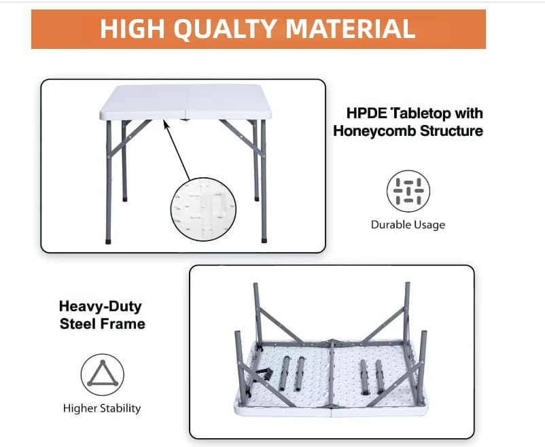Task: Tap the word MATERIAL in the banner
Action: point(351,29)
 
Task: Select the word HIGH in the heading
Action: point(132,29)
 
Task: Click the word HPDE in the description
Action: point(367,113)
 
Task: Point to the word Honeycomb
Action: point(374,131)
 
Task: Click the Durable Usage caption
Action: point(408,225)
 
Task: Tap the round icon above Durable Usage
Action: point(408,191)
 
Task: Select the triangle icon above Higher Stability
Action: point(103,374)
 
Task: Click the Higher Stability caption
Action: point(102,408)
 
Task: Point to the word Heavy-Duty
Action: point(101,306)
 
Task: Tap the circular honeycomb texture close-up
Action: point(203,209)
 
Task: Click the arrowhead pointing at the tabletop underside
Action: point(166,124)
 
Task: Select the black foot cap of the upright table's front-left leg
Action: point(108,241)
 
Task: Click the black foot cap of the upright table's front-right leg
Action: point(264,240)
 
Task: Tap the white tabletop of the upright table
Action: point(186,102)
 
